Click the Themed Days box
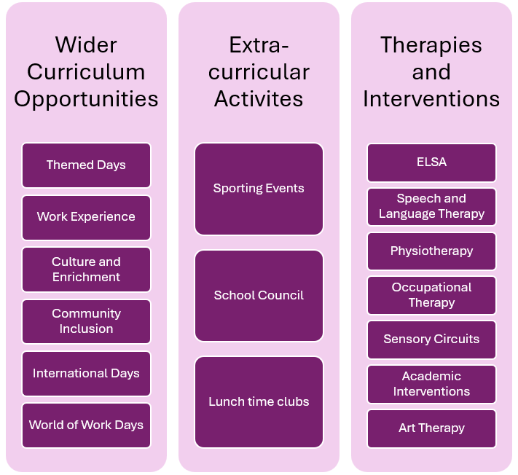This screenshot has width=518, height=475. (86, 165)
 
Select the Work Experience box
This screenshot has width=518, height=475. (86, 217)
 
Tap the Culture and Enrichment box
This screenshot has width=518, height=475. (86, 270)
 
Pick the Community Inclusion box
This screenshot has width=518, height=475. (86, 321)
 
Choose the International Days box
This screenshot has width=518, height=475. (86, 373)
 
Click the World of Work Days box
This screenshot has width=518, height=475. (86, 425)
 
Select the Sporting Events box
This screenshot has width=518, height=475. (259, 189)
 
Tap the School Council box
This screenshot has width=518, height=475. (259, 295)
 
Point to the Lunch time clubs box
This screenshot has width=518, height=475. (259, 401)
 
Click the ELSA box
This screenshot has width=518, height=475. (431, 162)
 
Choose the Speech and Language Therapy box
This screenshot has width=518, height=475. (431, 206)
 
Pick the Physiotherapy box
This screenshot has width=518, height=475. (431, 251)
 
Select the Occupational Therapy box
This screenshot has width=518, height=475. (431, 295)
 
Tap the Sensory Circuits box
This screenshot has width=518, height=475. (431, 339)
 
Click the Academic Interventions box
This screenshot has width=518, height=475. (431, 384)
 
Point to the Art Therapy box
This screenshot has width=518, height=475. (431, 428)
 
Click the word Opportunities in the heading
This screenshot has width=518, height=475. (86, 99)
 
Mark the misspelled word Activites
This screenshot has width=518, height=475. (259, 98)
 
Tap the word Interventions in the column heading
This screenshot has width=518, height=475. (431, 98)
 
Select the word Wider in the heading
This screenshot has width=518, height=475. (86, 45)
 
